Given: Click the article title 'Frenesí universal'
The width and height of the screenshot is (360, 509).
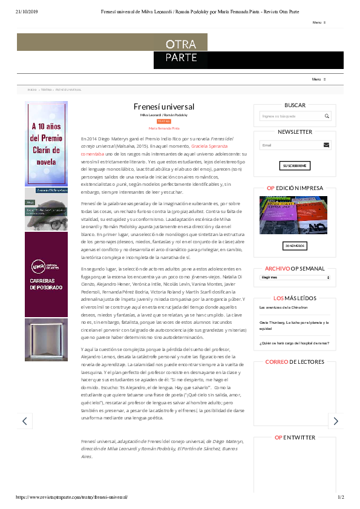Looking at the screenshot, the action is pyautogui.click(x=164, y=105).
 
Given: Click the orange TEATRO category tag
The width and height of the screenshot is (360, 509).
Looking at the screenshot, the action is pyautogui.click(x=164, y=121).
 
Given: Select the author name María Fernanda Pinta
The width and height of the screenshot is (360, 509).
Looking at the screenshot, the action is pyautogui.click(x=164, y=128).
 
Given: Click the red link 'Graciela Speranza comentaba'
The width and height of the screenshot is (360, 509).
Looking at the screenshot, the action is pyautogui.click(x=211, y=146).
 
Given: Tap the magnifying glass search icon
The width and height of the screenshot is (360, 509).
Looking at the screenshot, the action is pyautogui.click(x=327, y=116).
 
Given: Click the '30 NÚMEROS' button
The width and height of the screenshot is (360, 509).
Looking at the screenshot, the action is pyautogui.click(x=295, y=246).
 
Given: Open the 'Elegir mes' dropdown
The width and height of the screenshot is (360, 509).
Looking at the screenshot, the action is pyautogui.click(x=295, y=277).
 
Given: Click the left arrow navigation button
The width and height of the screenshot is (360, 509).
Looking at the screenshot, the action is pyautogui.click(x=24, y=421).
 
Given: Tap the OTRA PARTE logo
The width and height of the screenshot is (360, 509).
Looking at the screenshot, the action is pyautogui.click(x=182, y=51).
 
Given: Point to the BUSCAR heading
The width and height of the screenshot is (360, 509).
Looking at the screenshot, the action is pyautogui.click(x=295, y=105).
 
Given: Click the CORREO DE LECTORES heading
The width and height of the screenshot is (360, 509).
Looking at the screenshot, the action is pyautogui.click(x=295, y=362).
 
